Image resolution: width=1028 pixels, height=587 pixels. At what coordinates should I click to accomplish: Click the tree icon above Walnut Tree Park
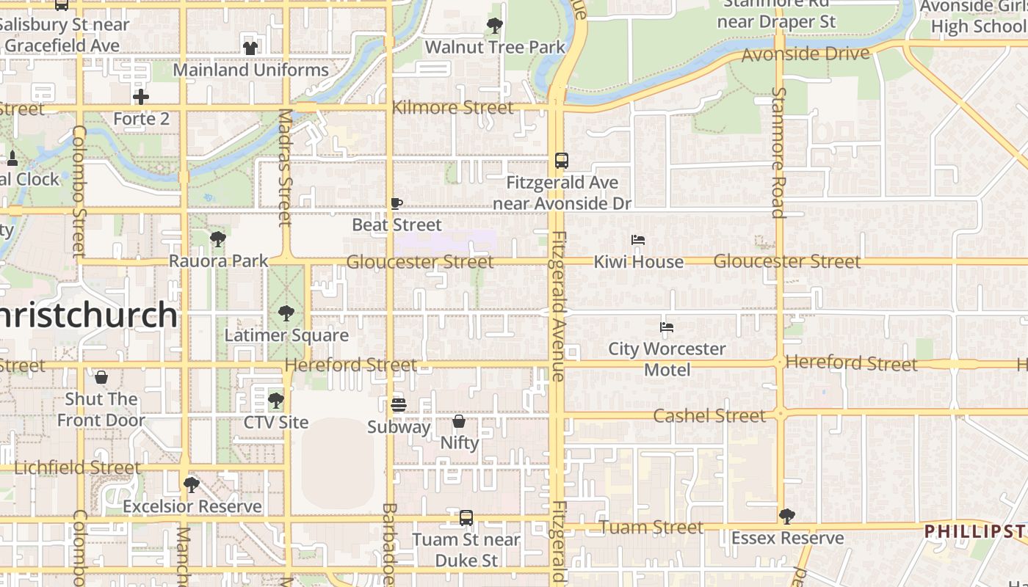click(x=495, y=26)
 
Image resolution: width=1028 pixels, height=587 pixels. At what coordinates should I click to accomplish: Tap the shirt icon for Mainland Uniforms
click(x=250, y=48)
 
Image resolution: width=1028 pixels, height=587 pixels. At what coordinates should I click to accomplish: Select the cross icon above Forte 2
click(x=141, y=97)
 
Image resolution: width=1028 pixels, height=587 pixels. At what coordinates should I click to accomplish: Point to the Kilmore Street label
click(x=452, y=108)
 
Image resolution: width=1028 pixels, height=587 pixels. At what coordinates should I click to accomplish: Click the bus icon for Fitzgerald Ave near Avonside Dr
click(x=562, y=161)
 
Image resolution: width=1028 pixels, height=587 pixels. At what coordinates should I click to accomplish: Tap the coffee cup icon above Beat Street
click(x=397, y=203)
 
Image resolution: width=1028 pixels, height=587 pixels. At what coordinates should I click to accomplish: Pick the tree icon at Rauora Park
click(x=217, y=239)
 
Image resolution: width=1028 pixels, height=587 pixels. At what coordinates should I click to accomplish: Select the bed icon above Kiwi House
click(x=638, y=240)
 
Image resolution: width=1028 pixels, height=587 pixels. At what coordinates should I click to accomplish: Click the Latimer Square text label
click(x=286, y=335)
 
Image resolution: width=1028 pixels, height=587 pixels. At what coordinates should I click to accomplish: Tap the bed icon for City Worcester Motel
click(x=667, y=327)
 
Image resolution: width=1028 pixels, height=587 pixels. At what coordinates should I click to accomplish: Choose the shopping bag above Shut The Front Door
click(x=101, y=378)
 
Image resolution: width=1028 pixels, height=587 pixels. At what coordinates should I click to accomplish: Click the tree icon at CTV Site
click(x=276, y=401)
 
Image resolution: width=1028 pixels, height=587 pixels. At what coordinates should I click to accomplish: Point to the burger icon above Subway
click(x=399, y=405)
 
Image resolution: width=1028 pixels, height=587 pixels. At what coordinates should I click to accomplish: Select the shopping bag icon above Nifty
click(x=459, y=421)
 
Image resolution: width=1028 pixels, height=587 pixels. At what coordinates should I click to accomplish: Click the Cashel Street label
click(x=709, y=416)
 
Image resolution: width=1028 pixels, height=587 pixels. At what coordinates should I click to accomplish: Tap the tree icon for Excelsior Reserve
click(x=192, y=485)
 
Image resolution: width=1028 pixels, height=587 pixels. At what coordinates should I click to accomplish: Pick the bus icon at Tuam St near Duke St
click(x=466, y=518)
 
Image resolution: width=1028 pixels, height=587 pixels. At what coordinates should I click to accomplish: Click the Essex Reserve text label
click(x=787, y=538)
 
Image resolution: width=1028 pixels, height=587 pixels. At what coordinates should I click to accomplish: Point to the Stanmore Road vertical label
click(x=778, y=153)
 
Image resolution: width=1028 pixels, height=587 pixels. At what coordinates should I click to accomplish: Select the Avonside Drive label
click(x=806, y=54)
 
